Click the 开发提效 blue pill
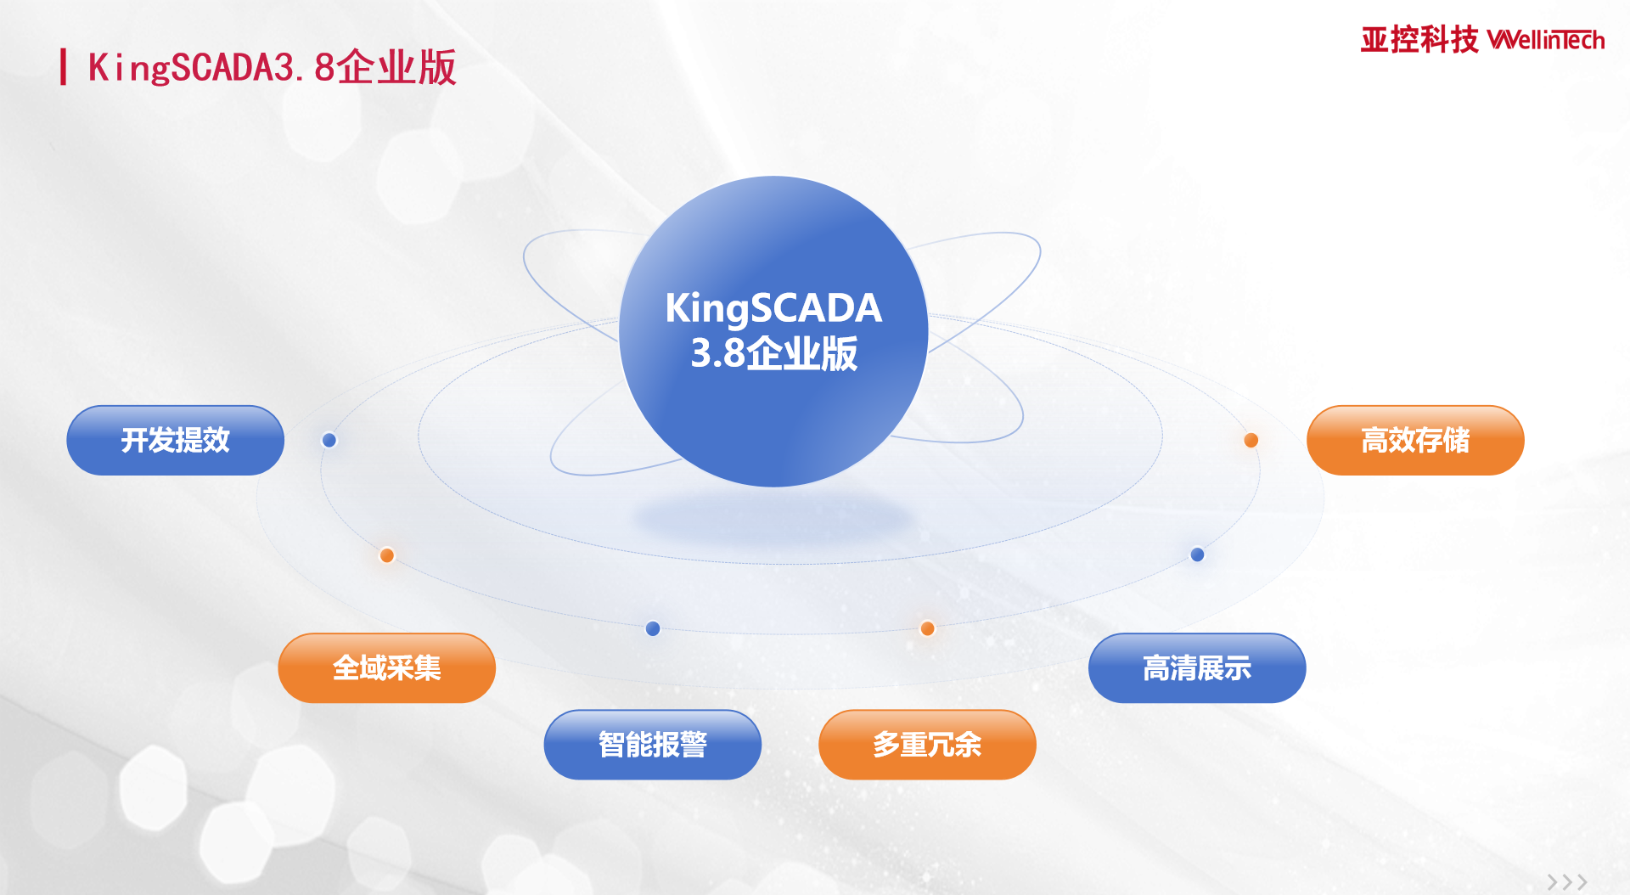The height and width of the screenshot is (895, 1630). [175, 440]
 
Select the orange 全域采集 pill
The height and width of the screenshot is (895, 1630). [386, 667]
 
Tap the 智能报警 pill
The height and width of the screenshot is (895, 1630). [652, 744]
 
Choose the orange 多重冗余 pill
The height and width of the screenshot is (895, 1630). [927, 744]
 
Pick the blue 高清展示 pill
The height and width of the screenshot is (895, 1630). [1197, 667]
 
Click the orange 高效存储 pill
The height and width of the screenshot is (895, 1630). [1415, 440]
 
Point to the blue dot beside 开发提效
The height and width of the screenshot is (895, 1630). [329, 440]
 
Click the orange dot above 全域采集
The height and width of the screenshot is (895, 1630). [387, 555]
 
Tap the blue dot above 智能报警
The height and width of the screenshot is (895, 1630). [653, 628]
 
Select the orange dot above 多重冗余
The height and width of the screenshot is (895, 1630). [928, 628]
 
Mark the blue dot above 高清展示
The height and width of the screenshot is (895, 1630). [1198, 554]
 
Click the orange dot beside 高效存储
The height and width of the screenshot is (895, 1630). [1251, 440]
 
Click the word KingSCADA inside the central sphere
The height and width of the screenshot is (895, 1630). [773, 308]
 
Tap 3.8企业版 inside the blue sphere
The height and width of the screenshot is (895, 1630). [773, 353]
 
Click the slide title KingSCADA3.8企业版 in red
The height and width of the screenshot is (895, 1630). [273, 68]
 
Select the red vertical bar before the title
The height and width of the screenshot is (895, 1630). [63, 67]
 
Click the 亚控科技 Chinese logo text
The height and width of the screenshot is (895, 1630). [1419, 40]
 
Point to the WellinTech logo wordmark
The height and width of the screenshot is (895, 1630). [1546, 40]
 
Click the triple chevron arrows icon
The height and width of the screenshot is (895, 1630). [1567, 882]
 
